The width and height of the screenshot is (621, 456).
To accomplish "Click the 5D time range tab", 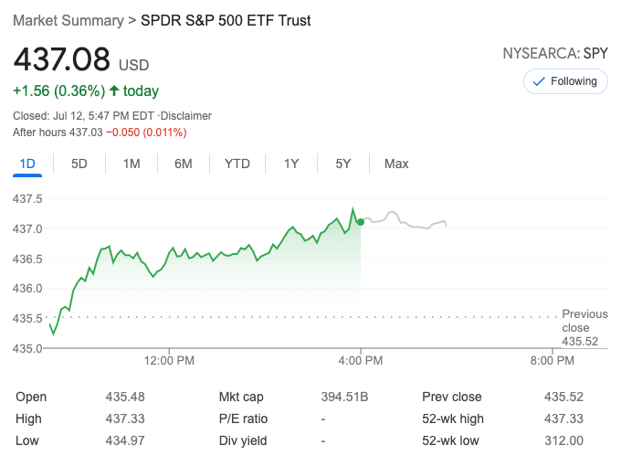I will click(79, 164).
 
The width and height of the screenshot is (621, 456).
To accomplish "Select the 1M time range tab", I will click(132, 164).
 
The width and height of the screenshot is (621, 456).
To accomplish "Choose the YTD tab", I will click(237, 164).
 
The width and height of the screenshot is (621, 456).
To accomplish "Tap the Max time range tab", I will click(396, 164).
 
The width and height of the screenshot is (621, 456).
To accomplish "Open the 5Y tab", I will click(343, 164).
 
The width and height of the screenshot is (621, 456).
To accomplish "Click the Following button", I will click(565, 81).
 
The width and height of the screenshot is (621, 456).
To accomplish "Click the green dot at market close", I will click(361, 222).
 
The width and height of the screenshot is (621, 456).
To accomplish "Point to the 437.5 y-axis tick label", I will click(28, 198).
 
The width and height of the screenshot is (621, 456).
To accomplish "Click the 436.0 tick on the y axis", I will click(28, 288).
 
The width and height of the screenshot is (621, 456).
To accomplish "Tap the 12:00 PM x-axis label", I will click(170, 360).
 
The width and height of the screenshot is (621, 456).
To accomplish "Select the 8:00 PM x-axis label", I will click(552, 360).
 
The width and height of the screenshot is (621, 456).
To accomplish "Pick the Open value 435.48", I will click(125, 397).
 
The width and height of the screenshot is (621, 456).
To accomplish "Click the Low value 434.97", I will click(125, 440).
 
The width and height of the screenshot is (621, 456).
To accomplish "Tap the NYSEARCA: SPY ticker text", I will click(555, 54).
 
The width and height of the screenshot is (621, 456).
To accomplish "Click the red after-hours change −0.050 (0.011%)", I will click(146, 133).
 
